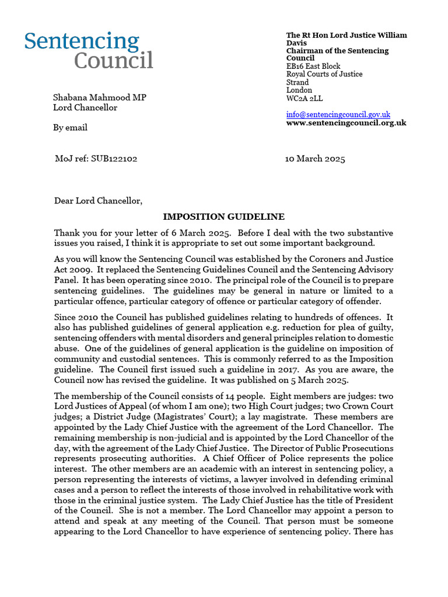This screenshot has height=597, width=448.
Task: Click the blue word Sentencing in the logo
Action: pyautogui.click(x=82, y=43)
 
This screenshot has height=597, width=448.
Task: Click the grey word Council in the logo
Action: pyautogui.click(x=113, y=61)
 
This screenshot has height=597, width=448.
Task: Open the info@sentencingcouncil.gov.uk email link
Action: pyautogui.click(x=338, y=115)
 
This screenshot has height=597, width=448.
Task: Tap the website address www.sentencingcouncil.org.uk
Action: pyautogui.click(x=346, y=123)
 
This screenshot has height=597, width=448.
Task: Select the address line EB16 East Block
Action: pyautogui.click(x=313, y=66)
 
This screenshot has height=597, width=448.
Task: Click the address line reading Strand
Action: pyautogui.click(x=297, y=82)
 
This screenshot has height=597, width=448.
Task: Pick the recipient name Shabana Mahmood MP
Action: pyautogui.click(x=100, y=97)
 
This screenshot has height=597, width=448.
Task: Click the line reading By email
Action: pyautogui.click(x=70, y=127)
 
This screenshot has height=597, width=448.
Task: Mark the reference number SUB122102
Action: pyautogui.click(x=114, y=159)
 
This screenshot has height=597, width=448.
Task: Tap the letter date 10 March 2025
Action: pyautogui.click(x=315, y=159)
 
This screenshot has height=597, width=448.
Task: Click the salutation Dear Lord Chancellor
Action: pyautogui.click(x=97, y=201)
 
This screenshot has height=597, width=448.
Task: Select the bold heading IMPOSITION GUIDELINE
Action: pyautogui.click(x=223, y=217)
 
